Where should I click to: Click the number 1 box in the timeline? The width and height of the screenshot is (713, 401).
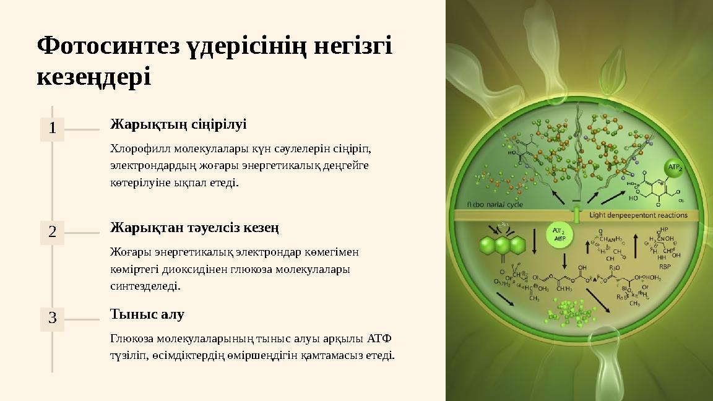[x=53, y=129]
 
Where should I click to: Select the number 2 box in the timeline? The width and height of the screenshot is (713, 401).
[x=53, y=232]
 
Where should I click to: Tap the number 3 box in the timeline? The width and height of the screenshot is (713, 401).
[x=53, y=319]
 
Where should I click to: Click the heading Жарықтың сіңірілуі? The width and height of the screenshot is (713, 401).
[x=178, y=124]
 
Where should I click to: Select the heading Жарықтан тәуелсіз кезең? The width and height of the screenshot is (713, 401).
[x=194, y=228]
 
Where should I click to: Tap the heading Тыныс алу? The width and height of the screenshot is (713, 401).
[x=147, y=314]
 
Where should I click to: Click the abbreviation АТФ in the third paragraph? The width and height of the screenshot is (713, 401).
[x=379, y=338]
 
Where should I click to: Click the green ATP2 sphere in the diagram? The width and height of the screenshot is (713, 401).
[x=674, y=168]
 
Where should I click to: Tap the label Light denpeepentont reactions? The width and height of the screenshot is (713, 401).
[x=638, y=215]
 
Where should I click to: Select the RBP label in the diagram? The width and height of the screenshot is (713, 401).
[x=664, y=267]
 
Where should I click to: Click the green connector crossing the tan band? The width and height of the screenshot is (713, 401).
[x=577, y=215]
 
